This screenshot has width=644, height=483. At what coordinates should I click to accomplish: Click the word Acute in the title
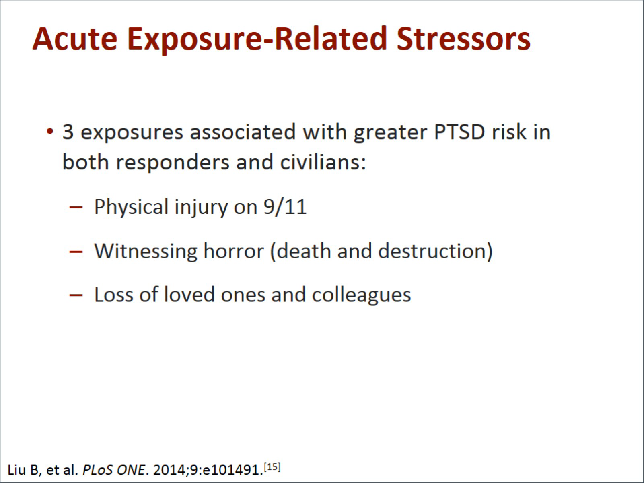(x=75, y=39)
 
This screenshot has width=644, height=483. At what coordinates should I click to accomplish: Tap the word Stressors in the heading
(x=463, y=39)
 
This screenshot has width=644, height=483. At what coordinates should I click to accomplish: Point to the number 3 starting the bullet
(x=68, y=132)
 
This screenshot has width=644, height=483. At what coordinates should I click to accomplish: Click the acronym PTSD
(x=459, y=132)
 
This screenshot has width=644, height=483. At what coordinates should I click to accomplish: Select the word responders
(x=173, y=162)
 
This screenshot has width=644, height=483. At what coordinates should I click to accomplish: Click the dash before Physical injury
(x=76, y=207)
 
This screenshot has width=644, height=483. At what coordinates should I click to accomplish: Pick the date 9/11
(x=285, y=206)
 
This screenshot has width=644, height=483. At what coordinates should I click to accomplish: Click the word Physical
(x=131, y=207)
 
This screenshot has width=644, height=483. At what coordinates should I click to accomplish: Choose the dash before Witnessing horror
(x=76, y=252)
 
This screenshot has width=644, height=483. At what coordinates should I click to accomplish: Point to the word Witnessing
(x=146, y=251)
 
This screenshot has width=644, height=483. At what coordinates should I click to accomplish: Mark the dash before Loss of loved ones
(x=76, y=295)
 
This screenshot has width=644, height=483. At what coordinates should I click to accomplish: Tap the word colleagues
(x=361, y=295)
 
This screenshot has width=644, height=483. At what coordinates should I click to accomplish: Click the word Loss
(x=114, y=295)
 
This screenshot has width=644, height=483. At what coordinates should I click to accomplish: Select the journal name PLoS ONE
(x=113, y=470)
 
